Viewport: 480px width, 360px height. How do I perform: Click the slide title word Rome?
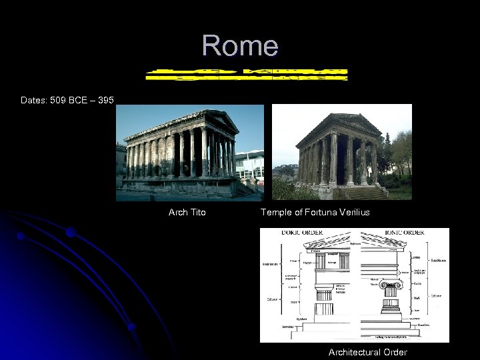point(240,45)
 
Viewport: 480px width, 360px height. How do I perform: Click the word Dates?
point(33,101)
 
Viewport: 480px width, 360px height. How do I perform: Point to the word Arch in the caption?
point(178,213)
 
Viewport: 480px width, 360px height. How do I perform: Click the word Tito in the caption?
point(198,213)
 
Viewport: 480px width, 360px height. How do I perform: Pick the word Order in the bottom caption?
point(394,352)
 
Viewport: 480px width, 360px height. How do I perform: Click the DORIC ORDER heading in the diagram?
point(283,233)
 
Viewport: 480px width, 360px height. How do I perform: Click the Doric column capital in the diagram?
point(323,294)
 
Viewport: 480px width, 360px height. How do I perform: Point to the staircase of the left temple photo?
point(241,190)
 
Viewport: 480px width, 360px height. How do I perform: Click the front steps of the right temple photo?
point(363,193)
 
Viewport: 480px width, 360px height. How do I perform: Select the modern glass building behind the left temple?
point(250,164)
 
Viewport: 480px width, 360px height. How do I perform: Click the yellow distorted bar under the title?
point(247,73)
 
